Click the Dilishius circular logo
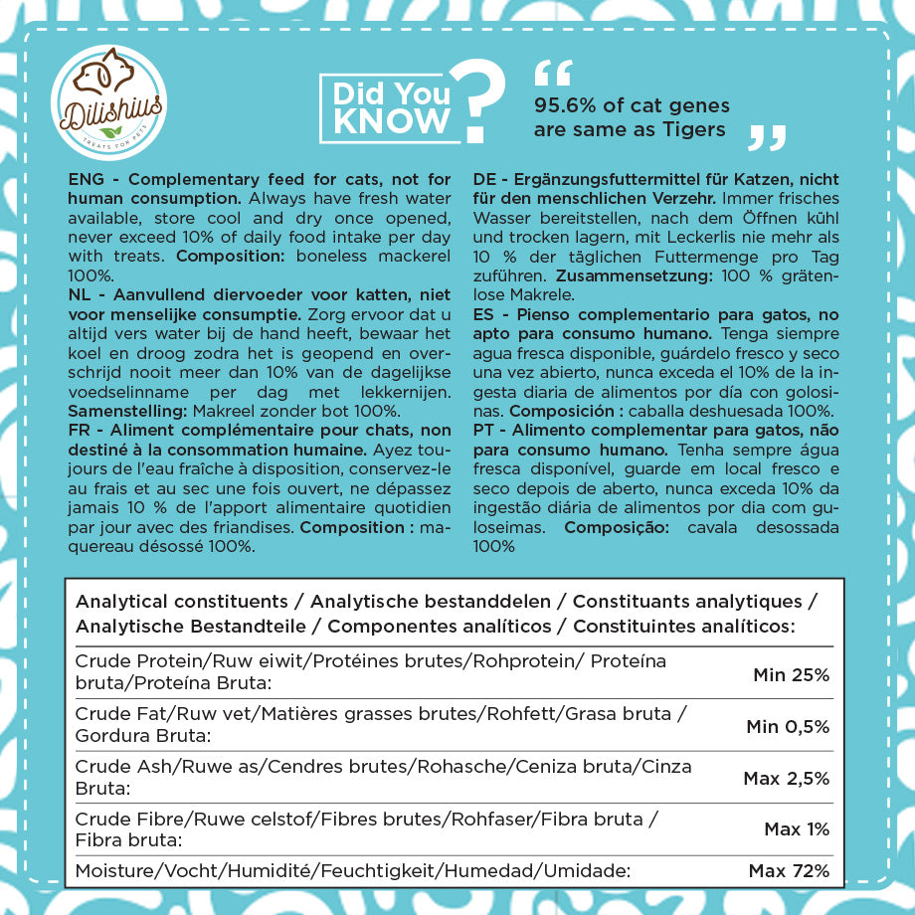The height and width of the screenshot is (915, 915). pyautogui.click(x=107, y=98)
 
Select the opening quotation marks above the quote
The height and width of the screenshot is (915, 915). pyautogui.click(x=553, y=74)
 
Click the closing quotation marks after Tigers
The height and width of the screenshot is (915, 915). pyautogui.click(x=767, y=137)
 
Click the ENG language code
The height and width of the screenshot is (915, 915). pyautogui.click(x=88, y=180)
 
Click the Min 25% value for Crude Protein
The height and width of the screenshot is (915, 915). pyautogui.click(x=791, y=676)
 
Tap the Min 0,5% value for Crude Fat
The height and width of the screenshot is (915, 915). pyautogui.click(x=788, y=727)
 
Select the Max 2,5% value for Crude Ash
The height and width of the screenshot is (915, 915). pyautogui.click(x=786, y=779)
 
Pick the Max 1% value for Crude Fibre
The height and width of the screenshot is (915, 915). pyautogui.click(x=797, y=829)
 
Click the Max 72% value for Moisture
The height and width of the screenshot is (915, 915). pyautogui.click(x=789, y=872)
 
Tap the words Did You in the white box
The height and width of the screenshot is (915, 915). pyautogui.click(x=391, y=93)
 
